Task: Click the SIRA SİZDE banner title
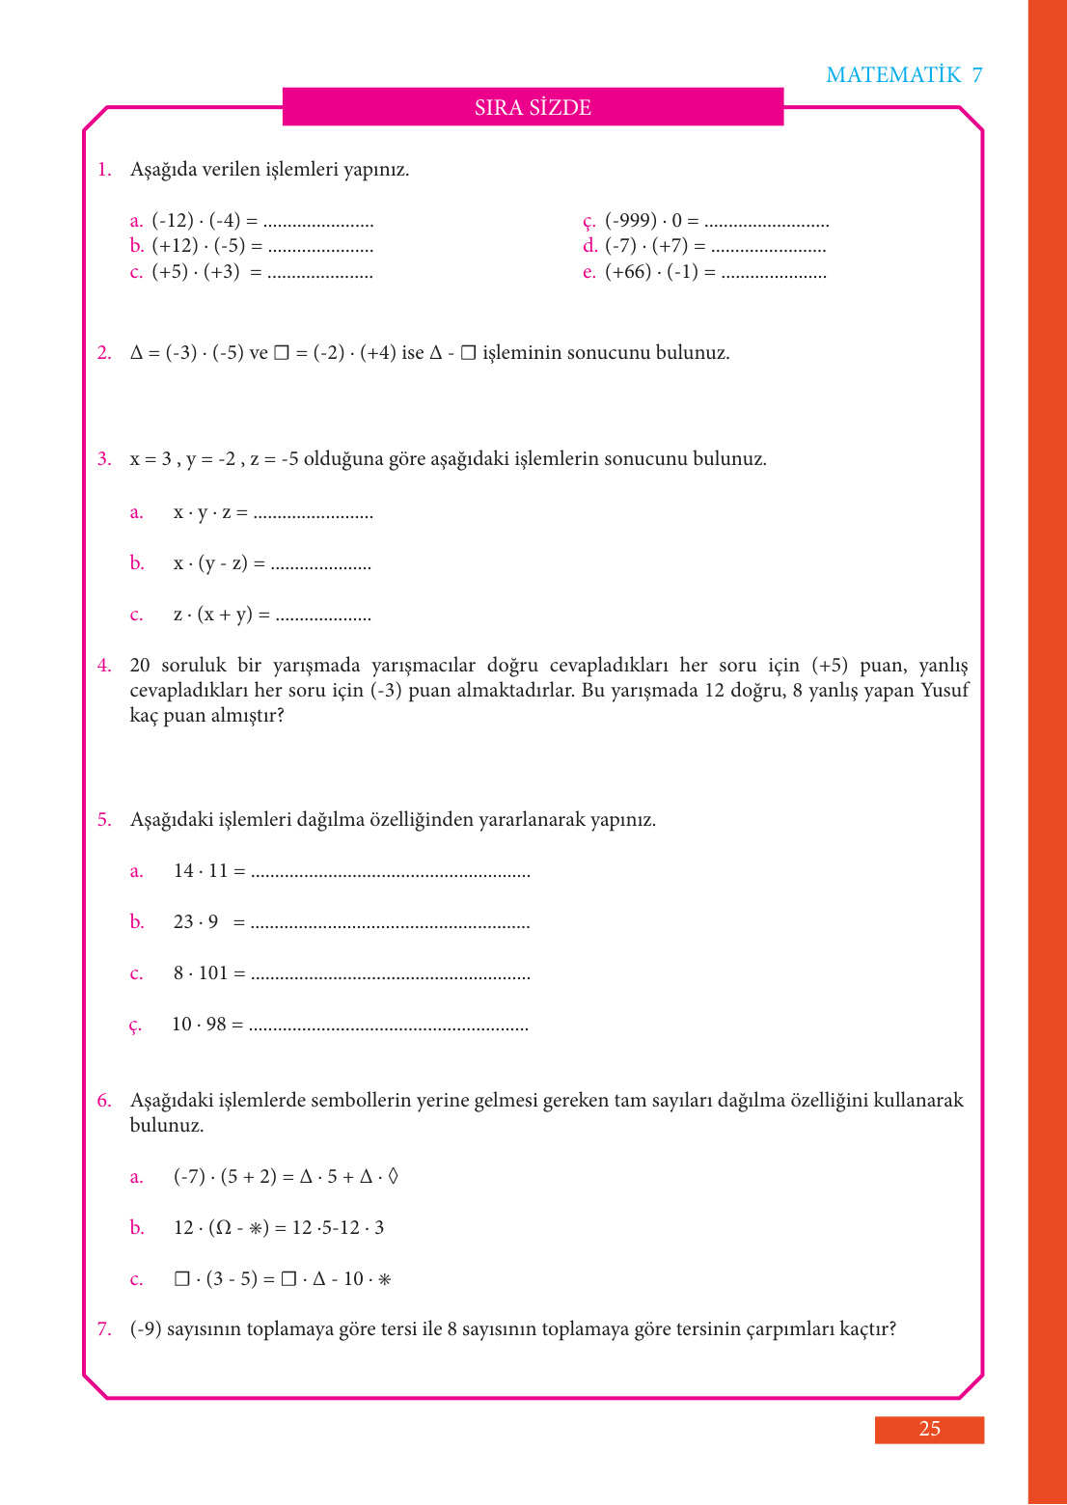[x=533, y=107]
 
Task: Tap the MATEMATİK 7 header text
[x=904, y=75]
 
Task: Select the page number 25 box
[x=929, y=1429]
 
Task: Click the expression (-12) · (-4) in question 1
[x=196, y=221]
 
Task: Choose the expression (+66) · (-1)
[x=651, y=272]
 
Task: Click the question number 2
[x=104, y=353]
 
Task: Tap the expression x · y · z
[x=203, y=512]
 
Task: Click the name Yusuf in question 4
[x=944, y=691]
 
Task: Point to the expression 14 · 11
[x=201, y=871]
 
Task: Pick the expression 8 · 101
[x=201, y=973]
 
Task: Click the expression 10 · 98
[x=199, y=1025]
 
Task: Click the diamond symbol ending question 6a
[x=393, y=1177]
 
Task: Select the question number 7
[x=104, y=1329]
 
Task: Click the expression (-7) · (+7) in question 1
[x=646, y=246]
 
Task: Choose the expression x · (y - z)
[x=210, y=563]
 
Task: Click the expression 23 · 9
[x=196, y=922]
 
